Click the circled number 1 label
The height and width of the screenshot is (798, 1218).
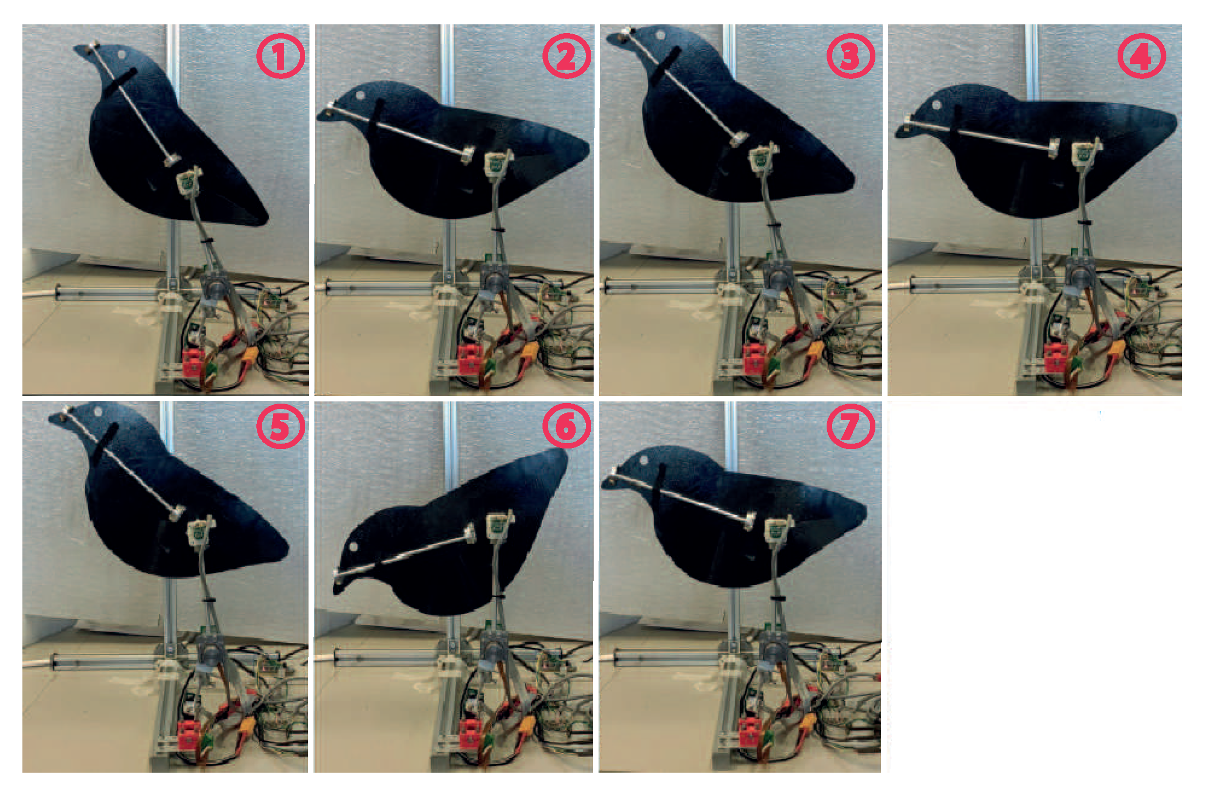tap(280, 55)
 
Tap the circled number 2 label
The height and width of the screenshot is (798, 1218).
tap(566, 55)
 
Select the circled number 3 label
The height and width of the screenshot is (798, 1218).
tap(851, 55)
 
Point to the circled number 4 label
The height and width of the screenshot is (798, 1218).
tap(1142, 55)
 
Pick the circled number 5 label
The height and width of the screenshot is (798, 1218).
tap(280, 426)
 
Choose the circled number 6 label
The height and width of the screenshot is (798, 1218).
tap(566, 426)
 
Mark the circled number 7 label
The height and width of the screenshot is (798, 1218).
tap(851, 426)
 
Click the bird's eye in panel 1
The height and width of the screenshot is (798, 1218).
tap(121, 54)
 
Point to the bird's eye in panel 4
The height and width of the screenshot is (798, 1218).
tap(937, 105)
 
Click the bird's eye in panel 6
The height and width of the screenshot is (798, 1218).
tap(353, 547)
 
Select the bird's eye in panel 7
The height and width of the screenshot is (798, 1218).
tap(644, 460)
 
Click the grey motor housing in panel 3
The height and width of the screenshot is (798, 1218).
tap(777, 279)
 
